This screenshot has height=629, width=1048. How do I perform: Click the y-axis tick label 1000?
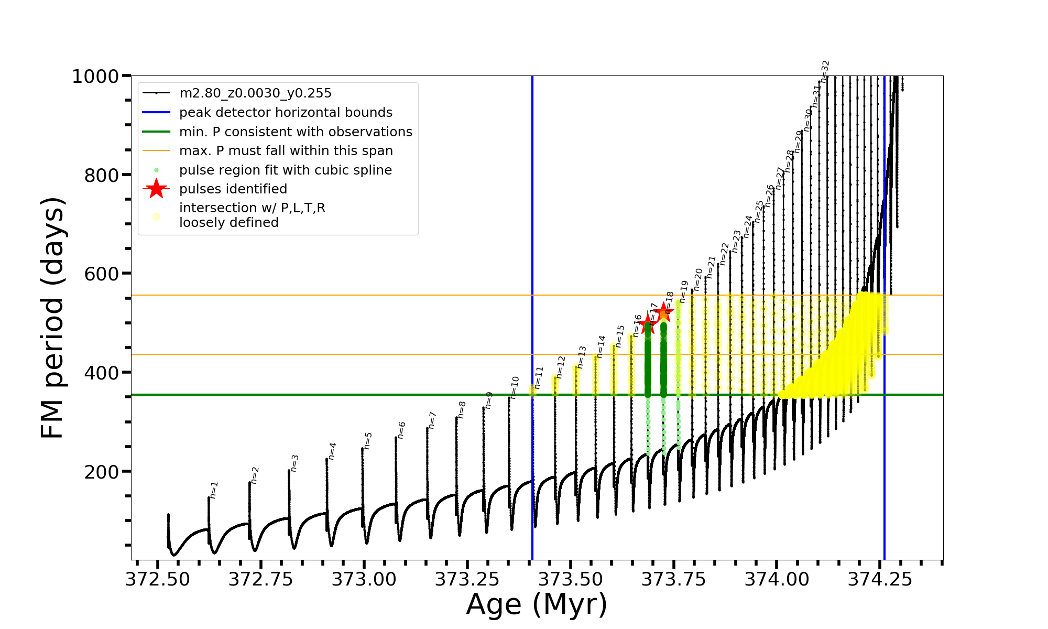(x=95, y=77)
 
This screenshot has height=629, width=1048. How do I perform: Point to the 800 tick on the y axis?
(x=101, y=176)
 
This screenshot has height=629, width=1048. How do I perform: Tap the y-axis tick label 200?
(x=101, y=472)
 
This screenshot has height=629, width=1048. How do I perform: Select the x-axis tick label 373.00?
(x=364, y=579)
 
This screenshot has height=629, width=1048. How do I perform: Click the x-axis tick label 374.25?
(x=880, y=579)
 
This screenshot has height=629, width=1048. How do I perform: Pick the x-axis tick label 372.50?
(x=157, y=579)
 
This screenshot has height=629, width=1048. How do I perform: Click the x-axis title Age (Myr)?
(x=537, y=604)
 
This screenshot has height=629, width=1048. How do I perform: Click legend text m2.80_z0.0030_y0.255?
(x=255, y=93)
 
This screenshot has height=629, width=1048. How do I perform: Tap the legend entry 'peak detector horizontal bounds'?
(x=286, y=113)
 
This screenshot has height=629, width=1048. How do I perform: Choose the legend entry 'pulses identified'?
(x=233, y=189)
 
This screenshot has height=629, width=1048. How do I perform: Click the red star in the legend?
(x=156, y=189)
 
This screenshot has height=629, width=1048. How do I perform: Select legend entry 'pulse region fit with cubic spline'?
(x=286, y=170)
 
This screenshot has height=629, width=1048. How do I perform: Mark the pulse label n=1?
(x=214, y=490)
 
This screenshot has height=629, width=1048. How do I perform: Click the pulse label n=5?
(x=368, y=441)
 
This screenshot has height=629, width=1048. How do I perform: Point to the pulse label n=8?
(x=462, y=410)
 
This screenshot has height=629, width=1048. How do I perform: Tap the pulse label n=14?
(x=601, y=346)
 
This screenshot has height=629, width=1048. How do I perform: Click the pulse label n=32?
(x=825, y=71)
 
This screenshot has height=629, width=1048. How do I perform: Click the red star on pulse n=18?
(x=663, y=312)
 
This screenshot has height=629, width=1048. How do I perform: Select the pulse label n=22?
(x=725, y=254)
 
